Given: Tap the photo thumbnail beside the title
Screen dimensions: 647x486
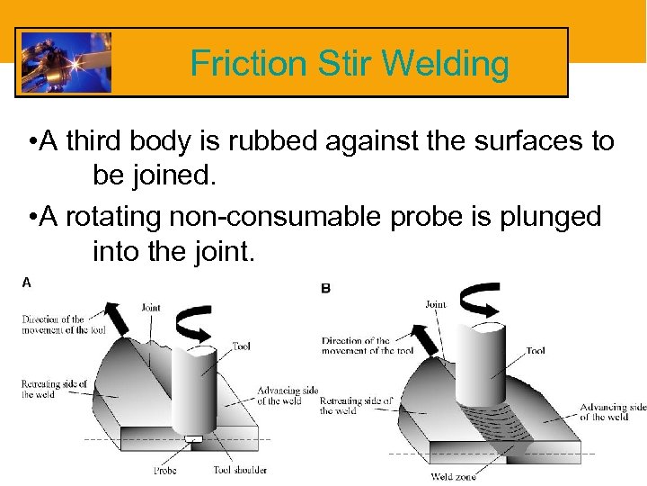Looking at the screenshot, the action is (66, 62).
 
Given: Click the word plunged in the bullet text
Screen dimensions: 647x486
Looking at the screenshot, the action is (552, 218).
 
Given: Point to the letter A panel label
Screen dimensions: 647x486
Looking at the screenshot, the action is (27, 282).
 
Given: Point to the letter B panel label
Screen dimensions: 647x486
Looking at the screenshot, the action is (325, 288).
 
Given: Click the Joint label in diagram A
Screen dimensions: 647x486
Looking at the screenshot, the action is (151, 307).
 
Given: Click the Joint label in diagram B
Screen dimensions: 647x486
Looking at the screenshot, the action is (436, 304).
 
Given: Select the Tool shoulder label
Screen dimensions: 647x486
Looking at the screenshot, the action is (240, 469).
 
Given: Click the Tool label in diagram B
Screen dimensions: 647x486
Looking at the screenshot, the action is (535, 351).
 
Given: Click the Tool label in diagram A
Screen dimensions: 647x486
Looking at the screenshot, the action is (241, 346).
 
